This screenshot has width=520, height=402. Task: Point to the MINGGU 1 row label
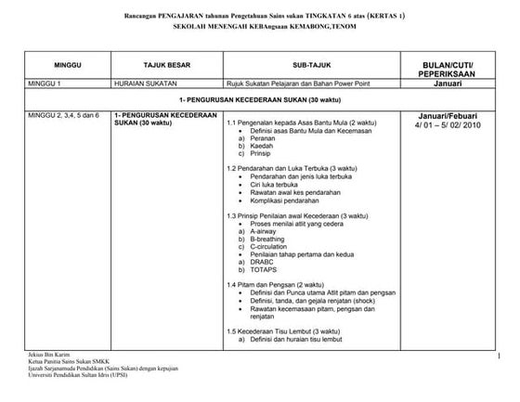tap(48, 84)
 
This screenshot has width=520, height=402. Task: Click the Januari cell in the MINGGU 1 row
tap(448, 84)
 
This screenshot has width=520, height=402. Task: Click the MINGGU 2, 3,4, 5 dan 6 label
tap(64, 114)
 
